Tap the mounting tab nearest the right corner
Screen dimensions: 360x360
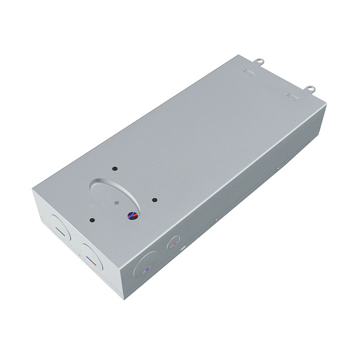(310, 89)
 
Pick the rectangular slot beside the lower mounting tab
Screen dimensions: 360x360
(290, 97)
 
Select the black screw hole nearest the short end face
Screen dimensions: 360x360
(92, 220)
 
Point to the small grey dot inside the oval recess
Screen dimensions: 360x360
(117, 203)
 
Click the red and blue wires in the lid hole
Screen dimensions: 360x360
(133, 216)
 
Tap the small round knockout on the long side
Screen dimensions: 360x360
(173, 245)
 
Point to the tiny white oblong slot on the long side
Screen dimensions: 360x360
(183, 248)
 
